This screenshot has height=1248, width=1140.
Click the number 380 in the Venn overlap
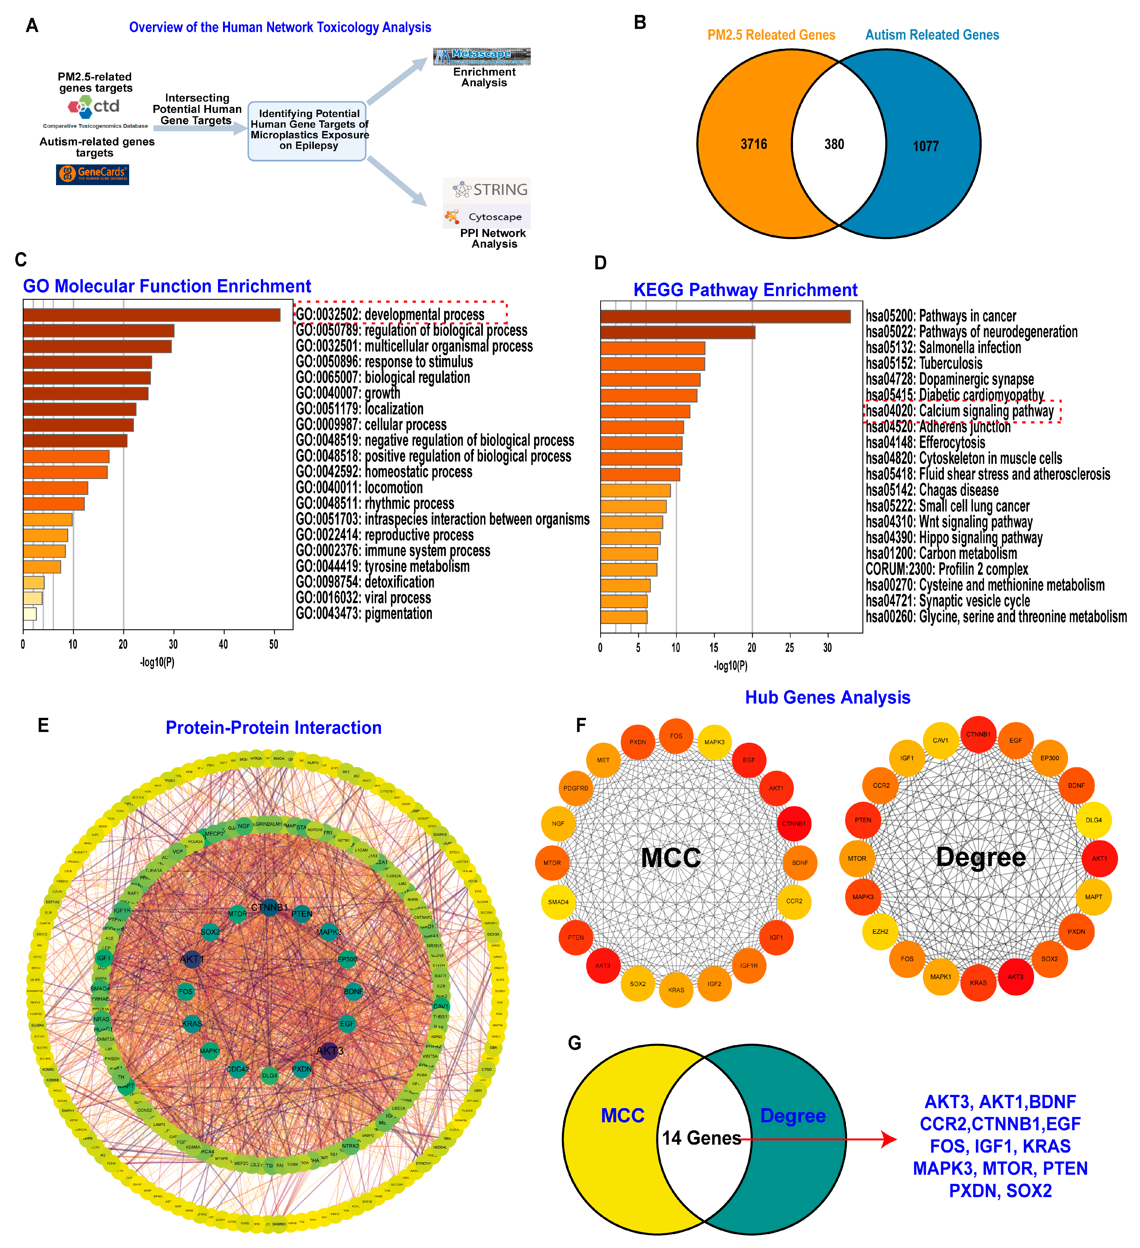834,144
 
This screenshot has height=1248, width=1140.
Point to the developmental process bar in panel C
152,315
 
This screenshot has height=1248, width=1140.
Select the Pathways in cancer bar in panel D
725,316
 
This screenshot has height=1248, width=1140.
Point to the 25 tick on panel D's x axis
790,647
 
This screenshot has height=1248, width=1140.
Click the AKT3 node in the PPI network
329,1051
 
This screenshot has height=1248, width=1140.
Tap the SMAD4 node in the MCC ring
558,902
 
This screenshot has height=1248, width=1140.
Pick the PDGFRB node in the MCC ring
576,788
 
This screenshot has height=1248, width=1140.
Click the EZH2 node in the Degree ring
880,932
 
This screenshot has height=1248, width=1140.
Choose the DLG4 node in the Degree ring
1093,820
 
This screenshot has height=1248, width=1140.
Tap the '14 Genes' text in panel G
701,1138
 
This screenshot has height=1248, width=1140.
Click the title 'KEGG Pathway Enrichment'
745,290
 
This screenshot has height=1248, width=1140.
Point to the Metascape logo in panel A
481,56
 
